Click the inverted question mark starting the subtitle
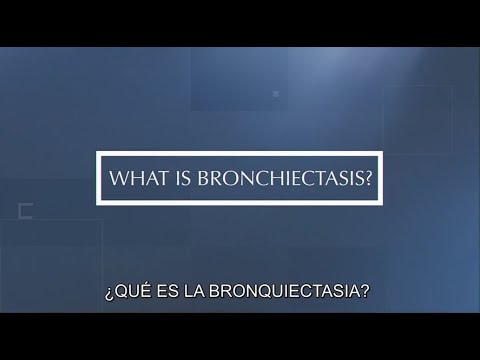pyautogui.click(x=107, y=295)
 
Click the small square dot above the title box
pyautogui.click(x=275, y=94)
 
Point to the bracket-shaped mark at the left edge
pyautogui.click(x=25, y=210)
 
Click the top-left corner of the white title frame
pyautogui.click(x=98, y=153)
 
